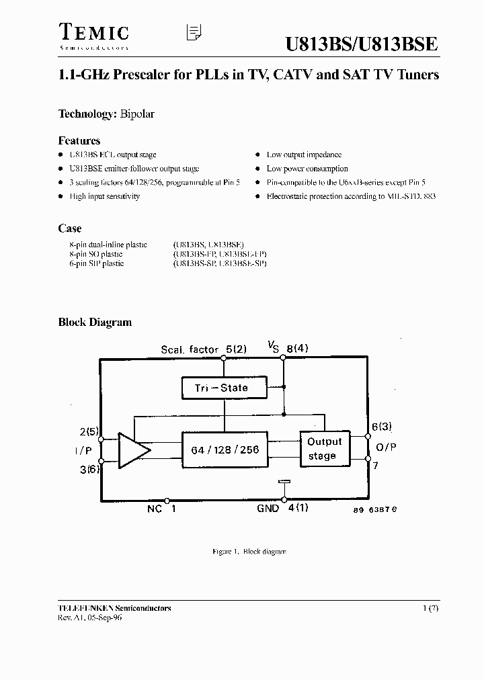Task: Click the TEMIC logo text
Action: coord(93,32)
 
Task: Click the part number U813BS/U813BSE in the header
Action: coord(362,44)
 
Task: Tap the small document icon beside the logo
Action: coord(194,33)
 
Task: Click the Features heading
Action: coord(79,140)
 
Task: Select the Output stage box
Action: coord(325,449)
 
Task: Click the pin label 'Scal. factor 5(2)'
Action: coord(204,349)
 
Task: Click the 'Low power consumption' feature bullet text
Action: coord(307,169)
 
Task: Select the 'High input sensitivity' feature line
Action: coord(104,196)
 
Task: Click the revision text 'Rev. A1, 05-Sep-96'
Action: coord(91,618)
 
